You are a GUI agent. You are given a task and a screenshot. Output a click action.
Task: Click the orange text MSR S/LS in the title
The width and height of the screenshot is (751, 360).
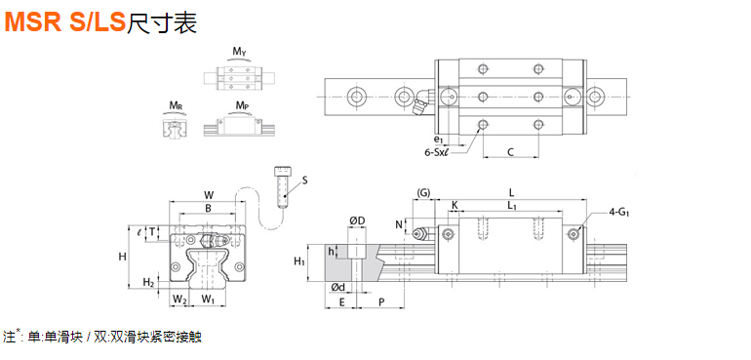[x=64, y=22]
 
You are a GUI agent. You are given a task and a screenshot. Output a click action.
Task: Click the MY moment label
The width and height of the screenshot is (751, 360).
[x=240, y=52]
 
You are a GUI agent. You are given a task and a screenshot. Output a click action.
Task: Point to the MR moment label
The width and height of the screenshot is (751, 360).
[x=175, y=105]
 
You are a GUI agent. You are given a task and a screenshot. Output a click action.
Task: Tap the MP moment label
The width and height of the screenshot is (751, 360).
[x=242, y=105]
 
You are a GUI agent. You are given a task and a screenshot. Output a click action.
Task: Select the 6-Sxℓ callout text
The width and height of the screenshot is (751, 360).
[x=438, y=152]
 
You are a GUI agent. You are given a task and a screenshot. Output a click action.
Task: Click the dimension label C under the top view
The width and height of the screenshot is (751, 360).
[x=510, y=152]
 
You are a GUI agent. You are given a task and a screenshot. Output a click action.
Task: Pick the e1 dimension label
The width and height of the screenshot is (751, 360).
[x=438, y=140]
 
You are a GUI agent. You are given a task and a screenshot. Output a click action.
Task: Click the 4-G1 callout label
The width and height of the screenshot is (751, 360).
[x=619, y=211]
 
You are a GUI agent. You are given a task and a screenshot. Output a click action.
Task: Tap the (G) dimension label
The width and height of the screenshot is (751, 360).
[x=424, y=193]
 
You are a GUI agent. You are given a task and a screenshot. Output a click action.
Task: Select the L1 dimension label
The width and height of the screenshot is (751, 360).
[x=512, y=205]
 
